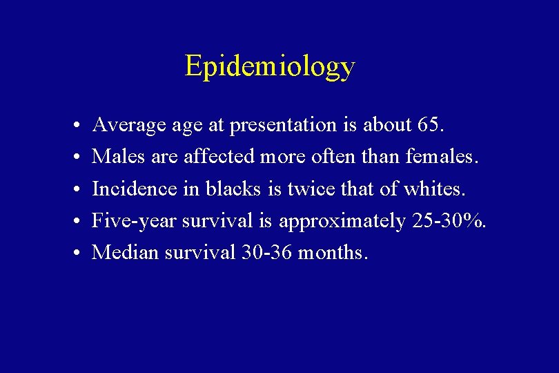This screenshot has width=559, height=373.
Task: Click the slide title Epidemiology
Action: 270,66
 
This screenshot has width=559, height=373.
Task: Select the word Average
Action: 127,125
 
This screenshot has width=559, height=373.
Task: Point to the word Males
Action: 116,157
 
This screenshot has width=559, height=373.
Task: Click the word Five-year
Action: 135,221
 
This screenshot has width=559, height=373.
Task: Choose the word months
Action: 333,253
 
